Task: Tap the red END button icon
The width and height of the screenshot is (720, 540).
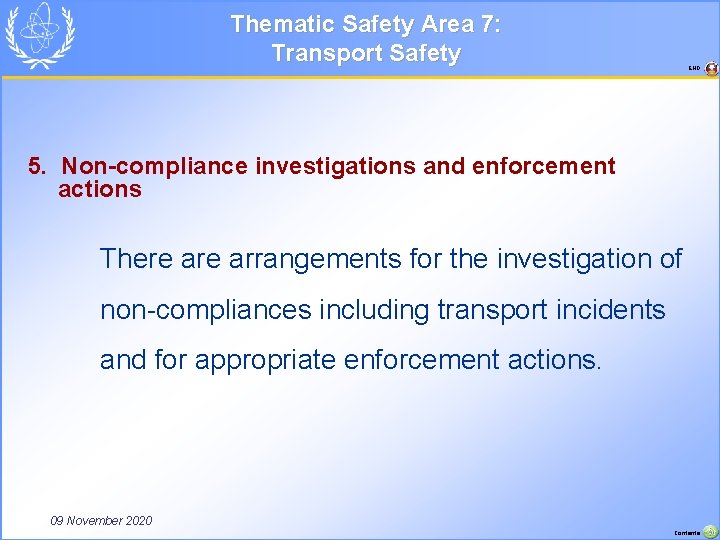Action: tap(711, 69)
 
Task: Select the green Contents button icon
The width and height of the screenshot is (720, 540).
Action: tap(710, 531)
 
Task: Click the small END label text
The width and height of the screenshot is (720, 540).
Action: tap(694, 69)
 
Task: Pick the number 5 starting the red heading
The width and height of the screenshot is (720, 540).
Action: tap(36, 166)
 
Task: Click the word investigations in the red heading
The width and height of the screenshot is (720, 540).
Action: tap(335, 166)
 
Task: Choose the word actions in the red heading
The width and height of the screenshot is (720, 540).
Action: tap(100, 189)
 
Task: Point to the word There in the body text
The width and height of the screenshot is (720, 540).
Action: tap(136, 259)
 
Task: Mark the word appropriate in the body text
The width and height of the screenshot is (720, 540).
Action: tap(265, 360)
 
